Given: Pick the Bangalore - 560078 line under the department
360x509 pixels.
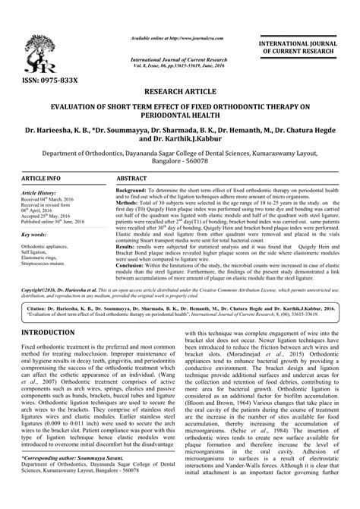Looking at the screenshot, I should [x=180, y=162].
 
